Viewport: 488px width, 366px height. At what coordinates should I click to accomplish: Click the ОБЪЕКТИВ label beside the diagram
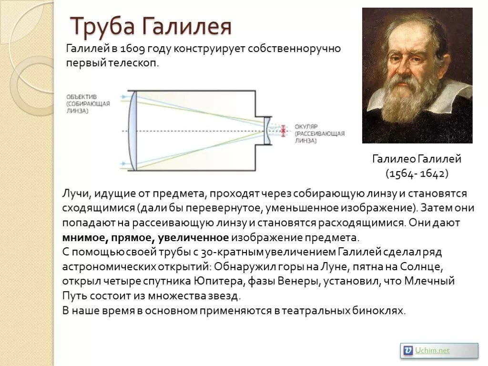coord(81,97)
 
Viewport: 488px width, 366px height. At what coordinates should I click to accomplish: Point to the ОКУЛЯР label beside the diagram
coord(306,126)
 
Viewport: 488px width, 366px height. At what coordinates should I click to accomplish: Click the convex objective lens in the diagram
coord(133,131)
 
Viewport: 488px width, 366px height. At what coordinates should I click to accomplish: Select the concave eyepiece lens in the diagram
coord(267,131)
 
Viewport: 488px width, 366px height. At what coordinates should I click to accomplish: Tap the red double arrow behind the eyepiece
coord(283,131)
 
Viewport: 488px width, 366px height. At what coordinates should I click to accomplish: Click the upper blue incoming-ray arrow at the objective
coord(124,97)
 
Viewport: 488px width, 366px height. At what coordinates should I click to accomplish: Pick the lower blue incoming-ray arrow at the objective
coord(124,164)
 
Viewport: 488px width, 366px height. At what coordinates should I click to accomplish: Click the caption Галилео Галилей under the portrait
coord(417,159)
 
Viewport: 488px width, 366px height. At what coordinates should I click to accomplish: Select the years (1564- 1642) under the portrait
coord(417,173)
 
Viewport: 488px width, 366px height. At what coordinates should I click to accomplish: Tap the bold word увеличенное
coord(193,238)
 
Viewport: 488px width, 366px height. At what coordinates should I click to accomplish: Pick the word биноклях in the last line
coord(379,311)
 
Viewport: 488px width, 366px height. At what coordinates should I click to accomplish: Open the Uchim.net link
coord(432,351)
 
